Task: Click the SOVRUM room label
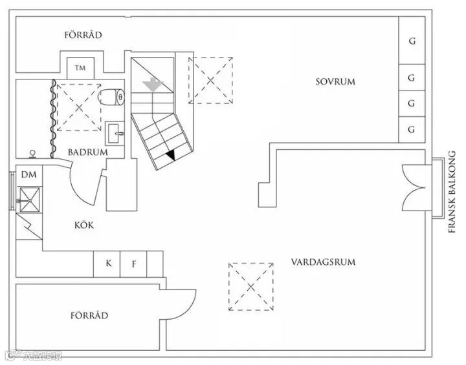point(336,81)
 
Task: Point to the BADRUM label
point(87,152)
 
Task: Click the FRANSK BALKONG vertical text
point(452,191)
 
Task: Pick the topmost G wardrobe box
point(411,41)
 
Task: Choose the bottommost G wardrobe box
point(411,129)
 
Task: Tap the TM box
point(81,67)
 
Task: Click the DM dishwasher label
point(28,175)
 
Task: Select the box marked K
point(108,264)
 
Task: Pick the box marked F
point(134,264)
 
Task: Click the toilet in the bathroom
point(113,98)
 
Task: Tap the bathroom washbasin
point(116,134)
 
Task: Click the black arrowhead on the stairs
point(170,155)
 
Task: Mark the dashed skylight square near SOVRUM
point(211,80)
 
